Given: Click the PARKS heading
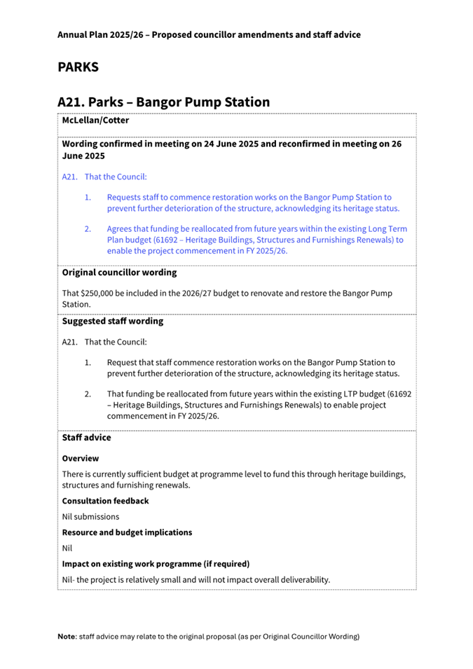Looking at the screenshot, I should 78,67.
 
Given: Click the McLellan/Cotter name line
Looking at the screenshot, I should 95,120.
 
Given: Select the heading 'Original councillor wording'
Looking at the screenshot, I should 119,272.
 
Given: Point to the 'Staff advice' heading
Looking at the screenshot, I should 86,437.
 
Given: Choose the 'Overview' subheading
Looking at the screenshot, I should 81,458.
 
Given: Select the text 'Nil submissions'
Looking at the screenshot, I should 90,516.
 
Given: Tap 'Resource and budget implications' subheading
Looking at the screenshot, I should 127,532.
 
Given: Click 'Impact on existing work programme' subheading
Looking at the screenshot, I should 156,564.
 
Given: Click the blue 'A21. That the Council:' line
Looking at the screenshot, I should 104,177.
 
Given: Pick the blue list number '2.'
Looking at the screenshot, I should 88,229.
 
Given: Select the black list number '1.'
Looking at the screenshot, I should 88,363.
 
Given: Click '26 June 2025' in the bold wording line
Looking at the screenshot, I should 83,156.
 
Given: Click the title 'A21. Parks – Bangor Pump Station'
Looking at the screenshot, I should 163,102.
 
